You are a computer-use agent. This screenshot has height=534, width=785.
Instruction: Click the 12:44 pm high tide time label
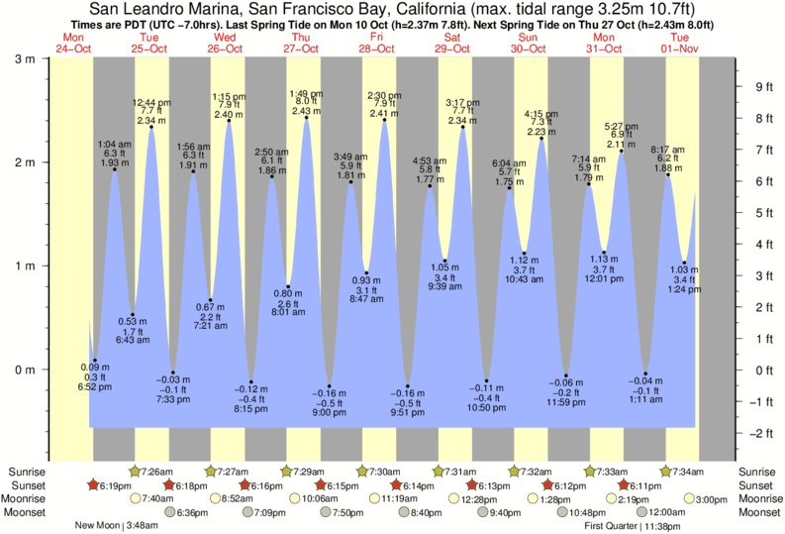pos(151,102)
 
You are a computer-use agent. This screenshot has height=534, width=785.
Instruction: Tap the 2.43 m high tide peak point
pos(307,118)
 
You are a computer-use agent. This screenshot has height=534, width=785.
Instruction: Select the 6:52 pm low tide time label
pos(95,386)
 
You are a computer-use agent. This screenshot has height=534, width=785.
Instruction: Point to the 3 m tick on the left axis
pos(33,58)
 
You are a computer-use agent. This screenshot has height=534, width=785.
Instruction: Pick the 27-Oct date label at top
pos(302,50)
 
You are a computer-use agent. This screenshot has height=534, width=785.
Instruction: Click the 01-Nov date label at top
pos(680,50)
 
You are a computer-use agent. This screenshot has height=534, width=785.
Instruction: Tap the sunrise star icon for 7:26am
pos(137,471)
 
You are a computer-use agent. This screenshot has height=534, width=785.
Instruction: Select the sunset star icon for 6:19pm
pos(94,484)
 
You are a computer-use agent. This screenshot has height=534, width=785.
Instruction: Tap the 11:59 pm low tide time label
pos(566,403)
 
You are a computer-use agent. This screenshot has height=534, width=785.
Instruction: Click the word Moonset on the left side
pos(27,512)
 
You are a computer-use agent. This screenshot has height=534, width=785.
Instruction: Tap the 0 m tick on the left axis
pos(33,370)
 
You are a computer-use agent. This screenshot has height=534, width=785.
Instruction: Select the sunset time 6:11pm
pos(648,484)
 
